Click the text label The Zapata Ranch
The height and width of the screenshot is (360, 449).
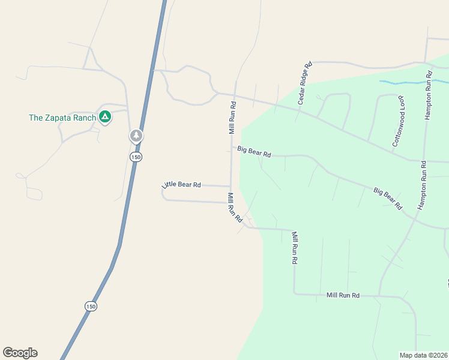[x=62, y=118]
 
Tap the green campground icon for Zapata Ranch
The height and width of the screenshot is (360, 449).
[x=105, y=117]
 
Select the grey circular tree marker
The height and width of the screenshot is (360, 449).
[x=137, y=136]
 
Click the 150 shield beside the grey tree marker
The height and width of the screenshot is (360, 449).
[x=136, y=157]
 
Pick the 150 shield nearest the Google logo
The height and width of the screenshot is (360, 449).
[x=90, y=306]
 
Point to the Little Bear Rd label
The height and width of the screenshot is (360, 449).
[x=181, y=184]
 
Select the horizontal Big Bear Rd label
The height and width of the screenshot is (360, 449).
[x=254, y=151]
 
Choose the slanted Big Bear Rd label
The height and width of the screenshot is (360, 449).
[x=388, y=199]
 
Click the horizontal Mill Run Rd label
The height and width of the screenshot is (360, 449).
[x=343, y=295]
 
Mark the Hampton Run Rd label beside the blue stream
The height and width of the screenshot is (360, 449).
[x=429, y=96]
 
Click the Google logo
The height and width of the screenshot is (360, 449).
[x=20, y=353]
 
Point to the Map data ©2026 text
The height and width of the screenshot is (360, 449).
[x=423, y=355]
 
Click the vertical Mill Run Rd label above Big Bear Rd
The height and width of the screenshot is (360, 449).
[x=232, y=118]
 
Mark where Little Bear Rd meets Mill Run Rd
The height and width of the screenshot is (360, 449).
[x=231, y=187]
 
